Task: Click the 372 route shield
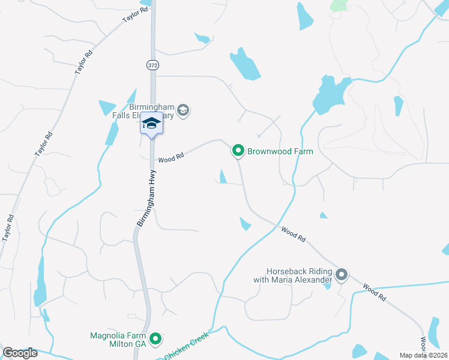pyautogui.click(x=151, y=64)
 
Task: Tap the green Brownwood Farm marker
pyautogui.click(x=238, y=151)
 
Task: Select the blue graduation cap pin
pyautogui.click(x=151, y=125)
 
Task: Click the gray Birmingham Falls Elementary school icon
pyautogui.click(x=184, y=110)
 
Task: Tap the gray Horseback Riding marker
pyautogui.click(x=342, y=275)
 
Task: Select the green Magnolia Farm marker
pyautogui.click(x=155, y=340)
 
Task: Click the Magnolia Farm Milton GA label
pyautogui.click(x=118, y=340)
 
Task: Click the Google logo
pyautogui.click(x=20, y=353)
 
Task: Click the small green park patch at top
pyautogui.click(x=340, y=5)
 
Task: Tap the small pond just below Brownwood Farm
pyautogui.click(x=223, y=177)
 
